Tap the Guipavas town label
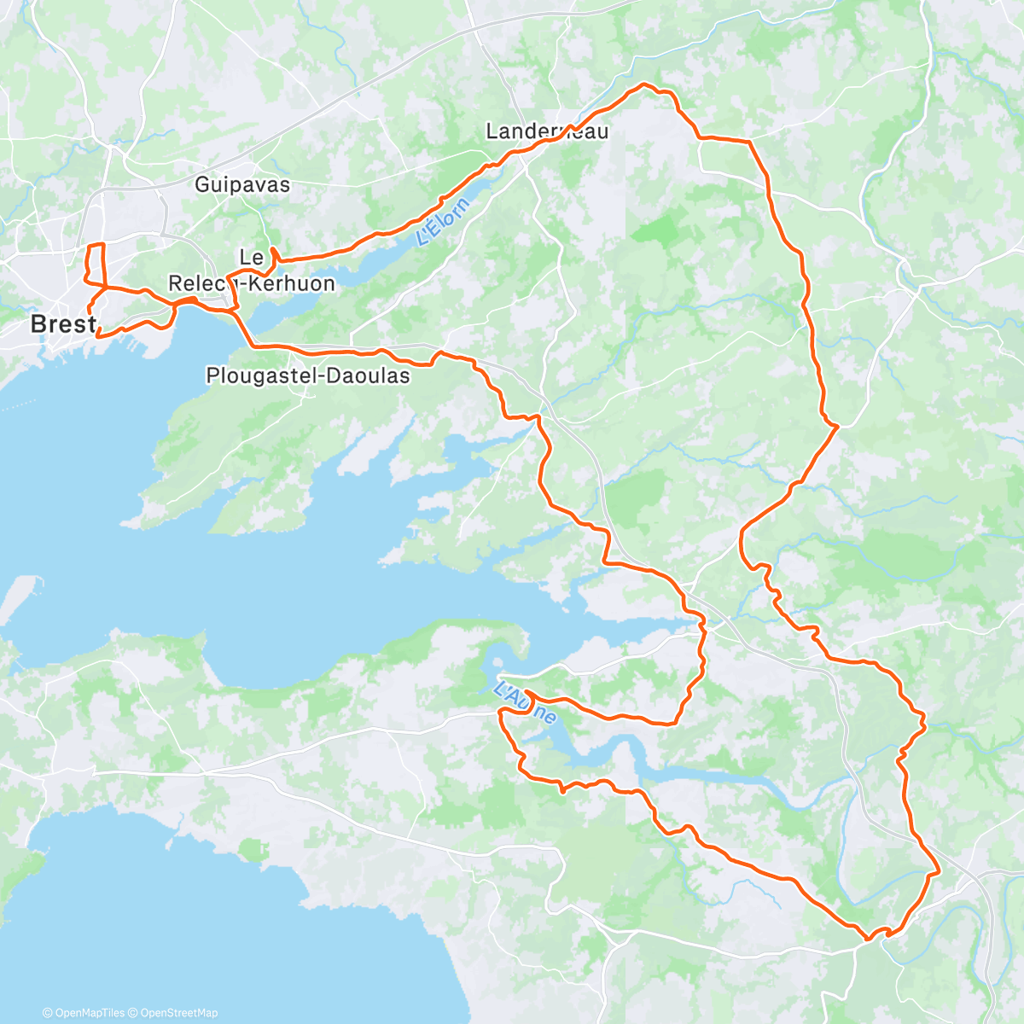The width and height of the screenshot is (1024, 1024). pos(242,184)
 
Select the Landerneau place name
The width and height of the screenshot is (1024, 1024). pos(547,131)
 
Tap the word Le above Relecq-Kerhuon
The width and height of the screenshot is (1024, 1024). pos(251,257)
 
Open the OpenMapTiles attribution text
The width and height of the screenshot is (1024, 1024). pos(84,1013)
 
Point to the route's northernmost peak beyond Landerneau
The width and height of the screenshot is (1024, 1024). pos(644,85)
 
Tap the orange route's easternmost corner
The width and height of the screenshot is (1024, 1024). pos(939,872)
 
